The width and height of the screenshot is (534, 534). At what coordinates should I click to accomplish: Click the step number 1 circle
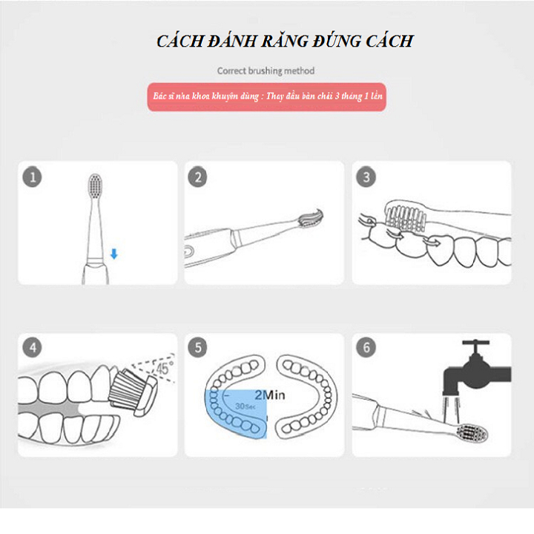pos(33,177)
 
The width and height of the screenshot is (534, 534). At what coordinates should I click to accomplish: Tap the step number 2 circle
pos(197,177)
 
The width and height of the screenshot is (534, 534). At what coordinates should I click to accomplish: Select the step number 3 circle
pos(366,177)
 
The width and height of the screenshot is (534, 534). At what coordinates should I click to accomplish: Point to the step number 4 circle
pos(33,347)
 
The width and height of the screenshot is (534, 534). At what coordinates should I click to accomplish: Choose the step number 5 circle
pos(197,347)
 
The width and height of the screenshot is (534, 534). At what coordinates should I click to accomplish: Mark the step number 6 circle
pos(366,347)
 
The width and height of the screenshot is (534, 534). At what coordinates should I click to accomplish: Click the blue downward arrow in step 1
pos(114,254)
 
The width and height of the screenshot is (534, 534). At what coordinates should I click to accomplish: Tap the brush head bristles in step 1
pos(96,185)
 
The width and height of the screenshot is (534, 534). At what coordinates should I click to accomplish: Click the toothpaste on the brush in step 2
pos(311,218)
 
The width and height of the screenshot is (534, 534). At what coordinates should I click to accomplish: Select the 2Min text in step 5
pos(270,395)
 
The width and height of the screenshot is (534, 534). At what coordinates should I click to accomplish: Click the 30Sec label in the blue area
pos(245,406)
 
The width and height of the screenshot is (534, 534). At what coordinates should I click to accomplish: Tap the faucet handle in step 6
pos(475,343)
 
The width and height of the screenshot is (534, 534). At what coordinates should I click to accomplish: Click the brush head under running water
pos(472,434)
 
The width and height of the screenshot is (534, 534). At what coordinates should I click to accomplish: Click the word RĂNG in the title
pos(285,41)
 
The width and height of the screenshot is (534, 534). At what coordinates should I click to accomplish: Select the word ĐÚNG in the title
pos(337,41)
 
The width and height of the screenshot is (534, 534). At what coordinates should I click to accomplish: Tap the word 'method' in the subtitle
pos(299,70)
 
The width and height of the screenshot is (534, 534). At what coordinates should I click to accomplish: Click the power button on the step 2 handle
pos(188,252)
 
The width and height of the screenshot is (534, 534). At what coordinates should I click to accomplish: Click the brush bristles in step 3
pos(405,219)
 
